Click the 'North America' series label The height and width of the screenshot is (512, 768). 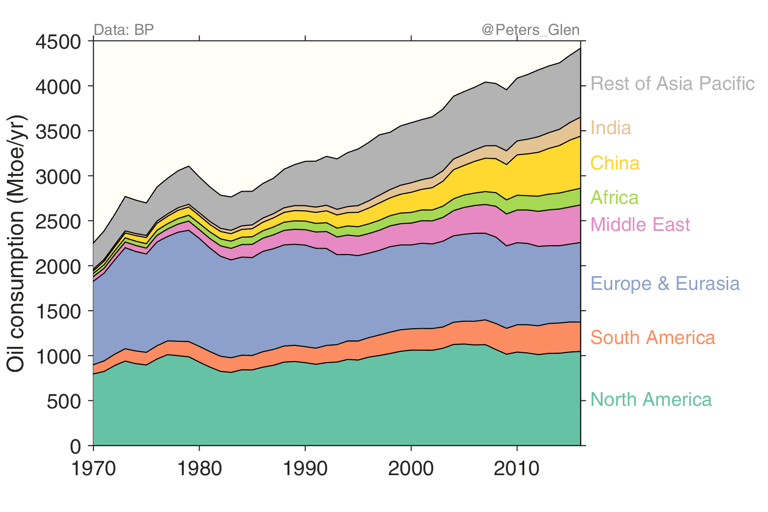pyautogui.click(x=651, y=400)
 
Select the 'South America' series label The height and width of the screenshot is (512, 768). pyautogui.click(x=653, y=338)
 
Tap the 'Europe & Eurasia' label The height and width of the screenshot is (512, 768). pyautogui.click(x=665, y=284)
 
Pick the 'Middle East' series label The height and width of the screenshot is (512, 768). pyautogui.click(x=640, y=225)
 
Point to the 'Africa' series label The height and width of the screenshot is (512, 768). pyautogui.click(x=614, y=198)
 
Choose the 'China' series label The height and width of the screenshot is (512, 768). pyautogui.click(x=615, y=164)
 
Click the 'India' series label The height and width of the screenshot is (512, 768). pyautogui.click(x=610, y=128)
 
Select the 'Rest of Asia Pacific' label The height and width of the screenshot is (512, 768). pyautogui.click(x=672, y=84)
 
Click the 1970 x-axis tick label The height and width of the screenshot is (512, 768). pyautogui.click(x=93, y=469)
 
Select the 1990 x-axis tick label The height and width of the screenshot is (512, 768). pyautogui.click(x=305, y=469)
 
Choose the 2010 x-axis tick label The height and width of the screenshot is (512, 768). pyautogui.click(x=516, y=469)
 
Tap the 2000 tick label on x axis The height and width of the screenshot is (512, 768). pyautogui.click(x=411, y=469)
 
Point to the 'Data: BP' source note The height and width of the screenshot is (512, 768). pyautogui.click(x=123, y=30)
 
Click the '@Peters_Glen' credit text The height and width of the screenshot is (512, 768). pyautogui.click(x=530, y=30)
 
